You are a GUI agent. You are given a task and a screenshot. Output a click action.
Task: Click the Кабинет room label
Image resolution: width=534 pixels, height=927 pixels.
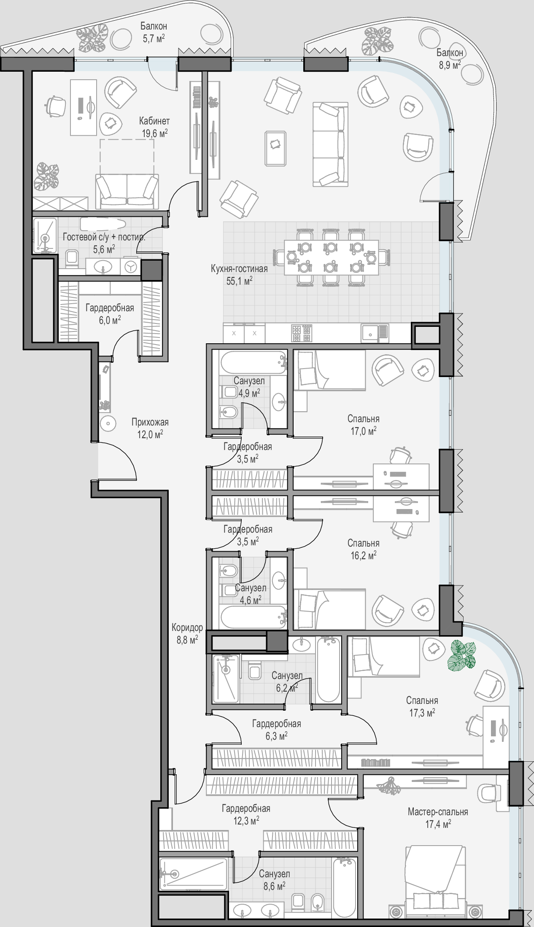click(x=154, y=121)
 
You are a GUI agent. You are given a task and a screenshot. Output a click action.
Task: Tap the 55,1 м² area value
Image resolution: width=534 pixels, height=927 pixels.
click(x=240, y=281)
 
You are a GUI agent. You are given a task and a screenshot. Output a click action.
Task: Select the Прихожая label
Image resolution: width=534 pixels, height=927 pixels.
click(x=150, y=422)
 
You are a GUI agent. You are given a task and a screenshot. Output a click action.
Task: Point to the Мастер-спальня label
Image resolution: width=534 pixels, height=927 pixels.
click(x=438, y=811)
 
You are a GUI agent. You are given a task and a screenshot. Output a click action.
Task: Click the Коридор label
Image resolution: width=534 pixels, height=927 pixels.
click(x=187, y=628)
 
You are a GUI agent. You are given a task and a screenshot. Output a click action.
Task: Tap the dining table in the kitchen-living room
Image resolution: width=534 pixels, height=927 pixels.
click(x=331, y=257)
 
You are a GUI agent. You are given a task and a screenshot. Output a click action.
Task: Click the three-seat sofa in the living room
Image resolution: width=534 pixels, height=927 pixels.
click(x=331, y=144)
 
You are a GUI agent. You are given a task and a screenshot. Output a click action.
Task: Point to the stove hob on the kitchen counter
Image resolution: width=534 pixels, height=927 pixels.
click(x=302, y=333)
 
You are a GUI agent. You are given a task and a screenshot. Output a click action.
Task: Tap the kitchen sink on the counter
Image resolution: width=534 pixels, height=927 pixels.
click(x=374, y=333)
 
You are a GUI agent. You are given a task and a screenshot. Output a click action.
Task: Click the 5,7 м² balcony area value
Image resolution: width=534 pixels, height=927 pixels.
click(x=153, y=38)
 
